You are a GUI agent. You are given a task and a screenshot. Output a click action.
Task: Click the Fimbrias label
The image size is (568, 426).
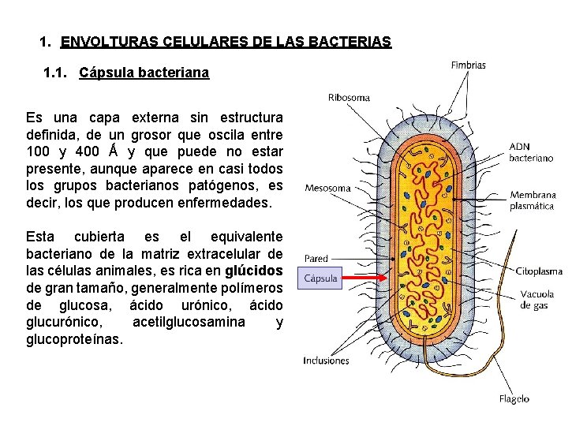468,65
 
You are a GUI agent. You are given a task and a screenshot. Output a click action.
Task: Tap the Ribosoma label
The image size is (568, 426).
349,98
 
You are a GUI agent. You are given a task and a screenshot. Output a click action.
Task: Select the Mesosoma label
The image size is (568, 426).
327,189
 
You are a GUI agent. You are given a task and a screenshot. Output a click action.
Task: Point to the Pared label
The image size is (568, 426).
316,258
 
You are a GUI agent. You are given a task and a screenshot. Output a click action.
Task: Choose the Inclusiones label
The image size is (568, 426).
326,361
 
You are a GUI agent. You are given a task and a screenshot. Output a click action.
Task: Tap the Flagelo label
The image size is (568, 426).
514,399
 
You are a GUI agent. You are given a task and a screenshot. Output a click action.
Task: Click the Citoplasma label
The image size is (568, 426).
539,271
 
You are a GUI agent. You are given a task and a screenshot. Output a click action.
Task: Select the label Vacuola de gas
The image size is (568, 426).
537,300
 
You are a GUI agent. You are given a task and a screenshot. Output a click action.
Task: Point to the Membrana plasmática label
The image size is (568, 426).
532,200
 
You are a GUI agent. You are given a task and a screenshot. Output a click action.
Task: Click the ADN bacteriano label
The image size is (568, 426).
531,152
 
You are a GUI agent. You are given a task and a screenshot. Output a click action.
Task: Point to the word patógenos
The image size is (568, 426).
227,185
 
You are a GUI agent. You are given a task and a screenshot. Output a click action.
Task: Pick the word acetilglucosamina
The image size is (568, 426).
189,323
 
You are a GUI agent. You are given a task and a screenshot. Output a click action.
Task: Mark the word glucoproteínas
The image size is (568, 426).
75,340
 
